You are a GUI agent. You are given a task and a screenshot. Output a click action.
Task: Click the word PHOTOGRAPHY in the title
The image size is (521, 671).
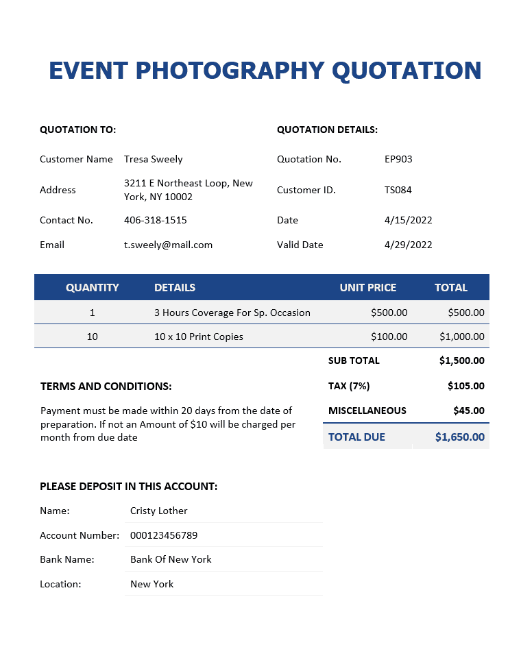227,71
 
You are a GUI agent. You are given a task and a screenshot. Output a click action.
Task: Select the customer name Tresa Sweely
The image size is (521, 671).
153,159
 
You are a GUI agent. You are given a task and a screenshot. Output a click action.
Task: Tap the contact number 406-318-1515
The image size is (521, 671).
155,220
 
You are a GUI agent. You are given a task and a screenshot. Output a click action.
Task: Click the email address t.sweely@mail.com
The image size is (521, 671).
168,245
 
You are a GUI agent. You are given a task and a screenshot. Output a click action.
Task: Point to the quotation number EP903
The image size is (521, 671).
398,159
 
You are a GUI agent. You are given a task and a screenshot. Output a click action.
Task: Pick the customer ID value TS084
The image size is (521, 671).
398,190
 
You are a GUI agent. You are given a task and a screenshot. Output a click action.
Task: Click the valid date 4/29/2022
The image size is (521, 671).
408,245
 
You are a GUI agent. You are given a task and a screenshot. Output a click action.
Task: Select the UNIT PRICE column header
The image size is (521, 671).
367,288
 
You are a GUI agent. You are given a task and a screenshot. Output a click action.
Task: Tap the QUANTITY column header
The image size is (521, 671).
93,288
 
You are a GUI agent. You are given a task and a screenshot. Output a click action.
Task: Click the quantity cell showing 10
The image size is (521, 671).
93,337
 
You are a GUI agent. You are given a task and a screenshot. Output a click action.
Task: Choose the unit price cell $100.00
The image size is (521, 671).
389,337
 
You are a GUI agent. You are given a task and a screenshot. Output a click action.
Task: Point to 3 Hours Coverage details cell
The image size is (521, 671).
232,313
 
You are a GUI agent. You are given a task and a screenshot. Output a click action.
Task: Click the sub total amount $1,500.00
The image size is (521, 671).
461,361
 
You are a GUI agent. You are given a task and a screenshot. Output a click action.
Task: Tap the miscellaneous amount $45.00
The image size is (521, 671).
468,411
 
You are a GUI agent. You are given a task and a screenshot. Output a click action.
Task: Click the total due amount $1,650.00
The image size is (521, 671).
459,437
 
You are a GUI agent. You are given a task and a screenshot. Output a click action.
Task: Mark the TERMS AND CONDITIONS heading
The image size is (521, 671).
106,387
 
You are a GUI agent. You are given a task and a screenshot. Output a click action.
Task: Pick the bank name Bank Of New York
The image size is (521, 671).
171,559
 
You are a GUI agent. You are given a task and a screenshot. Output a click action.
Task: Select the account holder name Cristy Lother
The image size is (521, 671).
158,511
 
